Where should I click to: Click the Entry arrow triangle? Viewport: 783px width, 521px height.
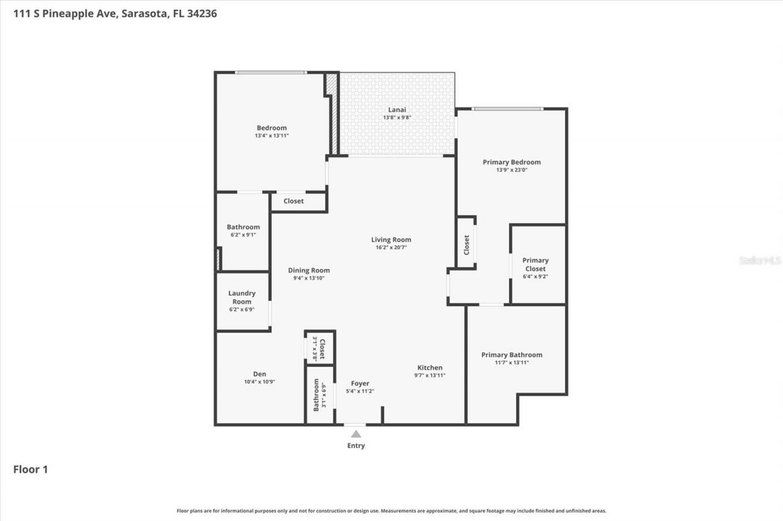click(x=356, y=434)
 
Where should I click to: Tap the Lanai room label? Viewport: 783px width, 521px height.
click(x=396, y=110)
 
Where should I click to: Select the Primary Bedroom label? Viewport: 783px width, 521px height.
click(x=511, y=162)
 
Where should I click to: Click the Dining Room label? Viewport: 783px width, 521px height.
click(x=309, y=271)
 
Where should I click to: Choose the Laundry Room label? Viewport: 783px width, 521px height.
click(x=242, y=297)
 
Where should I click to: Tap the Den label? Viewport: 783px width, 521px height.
click(x=260, y=374)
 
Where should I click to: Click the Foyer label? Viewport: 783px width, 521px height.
click(x=360, y=384)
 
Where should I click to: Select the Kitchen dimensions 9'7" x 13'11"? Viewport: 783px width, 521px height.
click(x=429, y=376)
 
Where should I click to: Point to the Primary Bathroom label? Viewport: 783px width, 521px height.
click(x=511, y=355)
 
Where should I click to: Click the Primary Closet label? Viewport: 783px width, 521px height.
click(x=535, y=264)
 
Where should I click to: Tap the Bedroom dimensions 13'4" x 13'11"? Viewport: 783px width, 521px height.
click(x=272, y=136)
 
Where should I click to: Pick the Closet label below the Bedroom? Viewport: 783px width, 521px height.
click(x=294, y=201)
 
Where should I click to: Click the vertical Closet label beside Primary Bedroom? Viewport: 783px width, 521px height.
click(x=467, y=245)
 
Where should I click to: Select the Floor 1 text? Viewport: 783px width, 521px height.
click(x=31, y=470)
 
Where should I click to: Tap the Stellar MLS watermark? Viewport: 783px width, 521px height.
click(x=760, y=260)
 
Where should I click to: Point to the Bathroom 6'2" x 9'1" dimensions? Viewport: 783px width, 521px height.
click(x=243, y=235)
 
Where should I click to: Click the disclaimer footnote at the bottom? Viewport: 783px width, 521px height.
click(x=391, y=511)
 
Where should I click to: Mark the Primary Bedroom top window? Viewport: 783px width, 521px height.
click(x=507, y=109)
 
